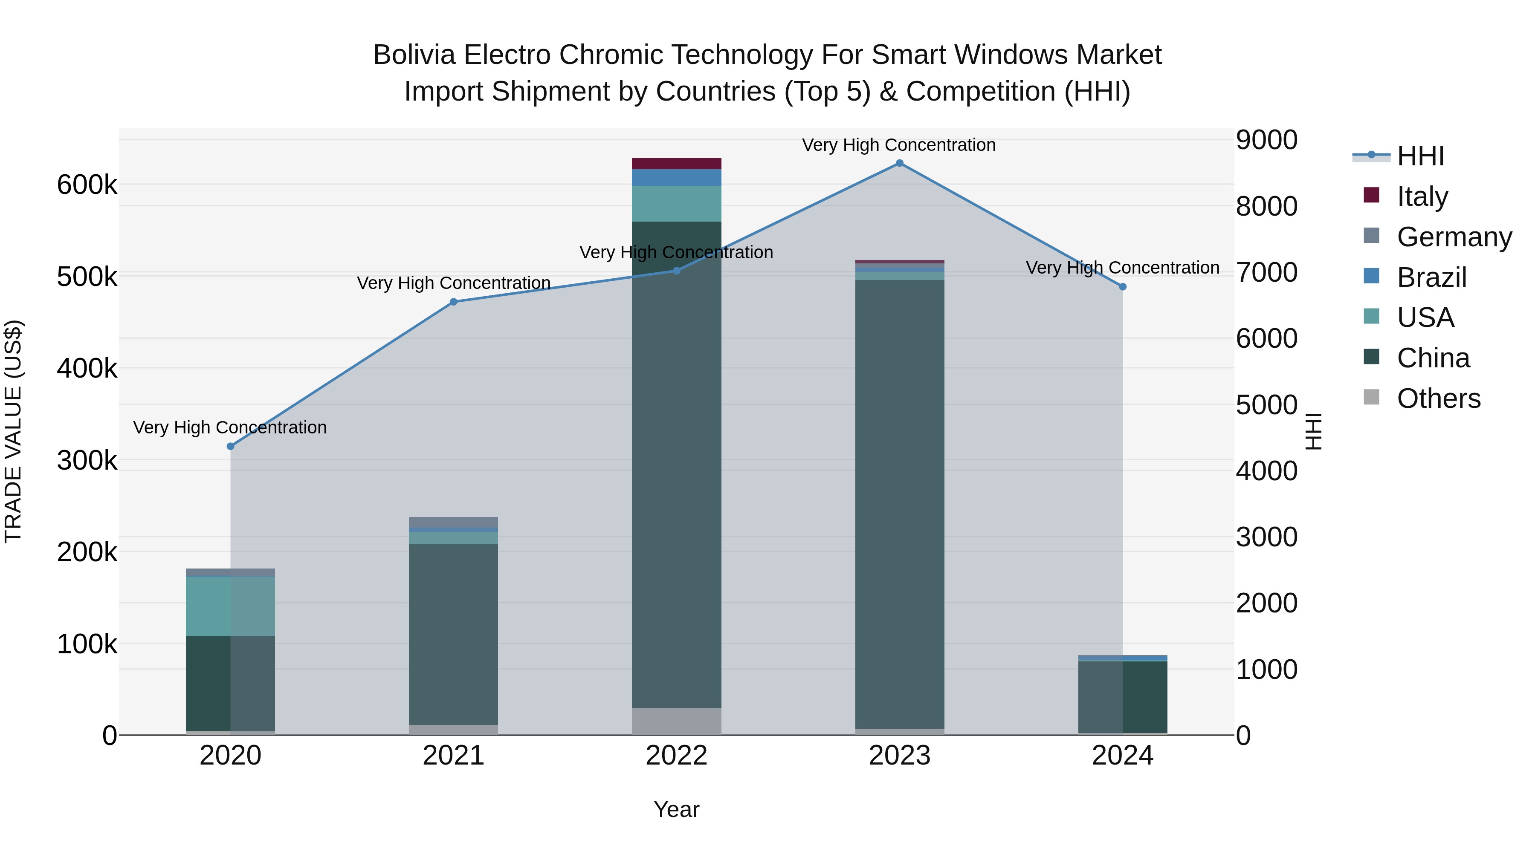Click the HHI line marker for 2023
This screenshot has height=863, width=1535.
(x=899, y=163)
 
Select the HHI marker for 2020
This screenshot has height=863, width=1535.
(x=231, y=446)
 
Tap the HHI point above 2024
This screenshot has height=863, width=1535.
(x=1123, y=286)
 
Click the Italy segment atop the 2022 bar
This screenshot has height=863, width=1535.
(x=676, y=164)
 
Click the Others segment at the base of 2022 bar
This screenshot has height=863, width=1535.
(x=676, y=721)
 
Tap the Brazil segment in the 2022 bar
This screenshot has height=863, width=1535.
(x=676, y=177)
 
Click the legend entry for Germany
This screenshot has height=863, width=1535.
(x=1454, y=237)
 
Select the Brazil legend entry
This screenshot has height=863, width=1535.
(x=1431, y=277)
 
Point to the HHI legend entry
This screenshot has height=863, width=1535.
(x=1420, y=156)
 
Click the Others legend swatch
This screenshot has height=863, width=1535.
(x=1371, y=397)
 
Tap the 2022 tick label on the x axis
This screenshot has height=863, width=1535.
(x=676, y=756)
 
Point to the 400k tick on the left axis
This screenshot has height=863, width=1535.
(x=87, y=369)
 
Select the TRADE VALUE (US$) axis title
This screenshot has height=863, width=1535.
(x=13, y=431)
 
